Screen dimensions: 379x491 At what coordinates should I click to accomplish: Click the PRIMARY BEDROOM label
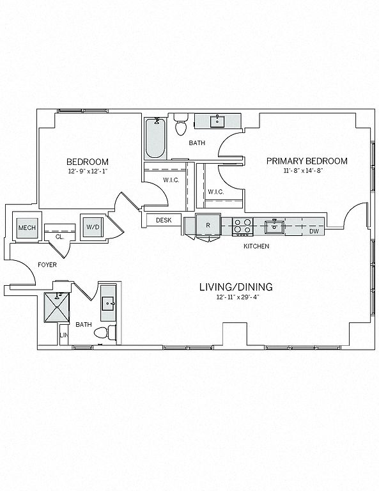[307, 161]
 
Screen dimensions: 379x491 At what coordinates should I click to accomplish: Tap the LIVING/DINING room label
[236, 287]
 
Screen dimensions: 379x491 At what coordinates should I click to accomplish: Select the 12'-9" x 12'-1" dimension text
[88, 171]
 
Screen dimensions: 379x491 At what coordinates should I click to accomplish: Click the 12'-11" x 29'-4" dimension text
[238, 297]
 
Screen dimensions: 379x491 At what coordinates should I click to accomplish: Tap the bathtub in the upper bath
[155, 138]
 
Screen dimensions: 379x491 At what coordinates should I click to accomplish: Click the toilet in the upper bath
[182, 124]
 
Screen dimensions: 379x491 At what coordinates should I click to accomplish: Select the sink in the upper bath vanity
[217, 121]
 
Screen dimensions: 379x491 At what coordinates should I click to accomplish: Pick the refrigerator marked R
[208, 225]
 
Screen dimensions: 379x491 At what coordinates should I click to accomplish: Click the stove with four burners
[243, 227]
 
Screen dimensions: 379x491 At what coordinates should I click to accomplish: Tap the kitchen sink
[274, 227]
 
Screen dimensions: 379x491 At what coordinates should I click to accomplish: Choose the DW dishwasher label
[314, 231]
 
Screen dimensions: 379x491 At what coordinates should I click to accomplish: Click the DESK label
[164, 220]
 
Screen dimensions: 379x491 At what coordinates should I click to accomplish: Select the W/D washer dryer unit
[92, 227]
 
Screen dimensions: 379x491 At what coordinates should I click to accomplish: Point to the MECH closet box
[27, 228]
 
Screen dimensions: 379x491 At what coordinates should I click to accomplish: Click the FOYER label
[47, 265]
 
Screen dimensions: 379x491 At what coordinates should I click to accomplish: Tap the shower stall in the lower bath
[57, 308]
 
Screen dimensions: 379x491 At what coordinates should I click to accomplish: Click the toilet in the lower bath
[105, 332]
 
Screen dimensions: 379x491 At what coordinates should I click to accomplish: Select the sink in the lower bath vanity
[109, 303]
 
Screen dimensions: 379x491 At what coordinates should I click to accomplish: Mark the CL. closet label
[59, 237]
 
